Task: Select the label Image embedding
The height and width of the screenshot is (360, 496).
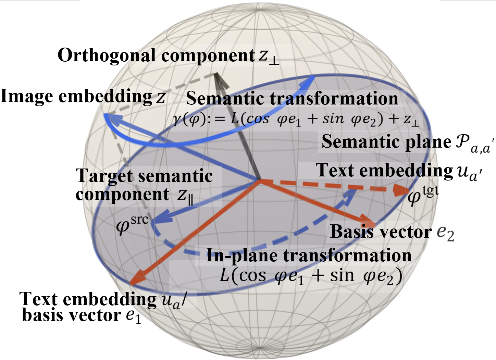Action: point(76,97)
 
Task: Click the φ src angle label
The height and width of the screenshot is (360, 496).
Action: point(132,224)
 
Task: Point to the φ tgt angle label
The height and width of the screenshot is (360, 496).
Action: point(423,195)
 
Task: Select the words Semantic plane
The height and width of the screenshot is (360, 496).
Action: point(386,142)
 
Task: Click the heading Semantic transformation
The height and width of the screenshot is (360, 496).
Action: point(292,98)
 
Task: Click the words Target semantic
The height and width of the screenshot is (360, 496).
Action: point(144,176)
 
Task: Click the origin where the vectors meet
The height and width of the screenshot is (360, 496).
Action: point(259,180)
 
